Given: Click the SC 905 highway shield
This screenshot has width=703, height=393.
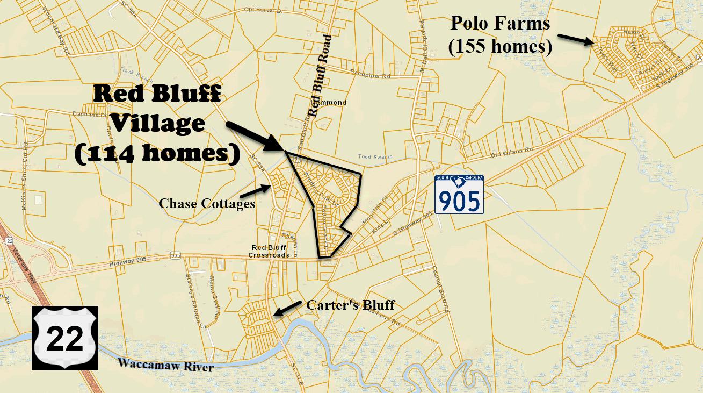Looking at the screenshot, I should [459, 194].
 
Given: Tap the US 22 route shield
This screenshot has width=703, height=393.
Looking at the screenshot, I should [65, 338].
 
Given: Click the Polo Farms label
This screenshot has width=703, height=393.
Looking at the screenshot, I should [500, 23].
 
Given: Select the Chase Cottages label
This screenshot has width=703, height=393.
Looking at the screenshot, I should [207, 203].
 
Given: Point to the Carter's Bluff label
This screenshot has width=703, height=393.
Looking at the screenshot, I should [350, 305].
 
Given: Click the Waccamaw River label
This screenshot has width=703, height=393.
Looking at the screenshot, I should [165, 365].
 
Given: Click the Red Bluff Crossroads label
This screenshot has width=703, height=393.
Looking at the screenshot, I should [270, 251].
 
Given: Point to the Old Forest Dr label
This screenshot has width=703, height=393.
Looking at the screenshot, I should [263, 9].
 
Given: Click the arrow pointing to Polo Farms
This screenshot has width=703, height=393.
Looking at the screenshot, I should [575, 39].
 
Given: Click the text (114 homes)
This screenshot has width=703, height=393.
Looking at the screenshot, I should [157, 153].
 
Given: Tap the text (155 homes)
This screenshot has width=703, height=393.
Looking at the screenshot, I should [500, 47].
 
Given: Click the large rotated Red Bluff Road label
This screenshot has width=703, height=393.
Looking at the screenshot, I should [320, 75].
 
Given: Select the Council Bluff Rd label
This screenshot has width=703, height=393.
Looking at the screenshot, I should [439, 290].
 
